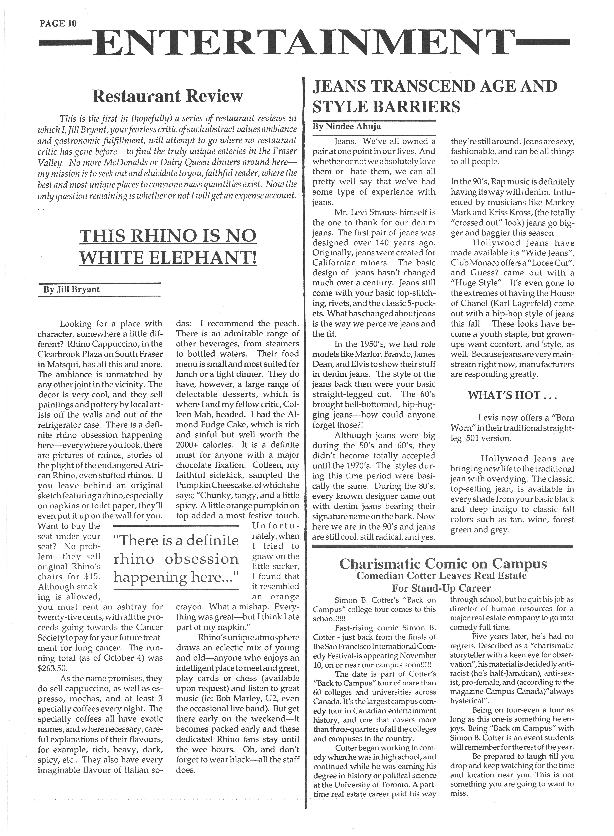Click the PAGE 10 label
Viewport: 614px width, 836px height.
(x=58, y=23)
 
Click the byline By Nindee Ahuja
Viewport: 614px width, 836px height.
(x=347, y=127)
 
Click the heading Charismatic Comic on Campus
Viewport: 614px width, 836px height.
(x=443, y=564)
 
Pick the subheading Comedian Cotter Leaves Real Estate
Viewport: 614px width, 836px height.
(x=442, y=576)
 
